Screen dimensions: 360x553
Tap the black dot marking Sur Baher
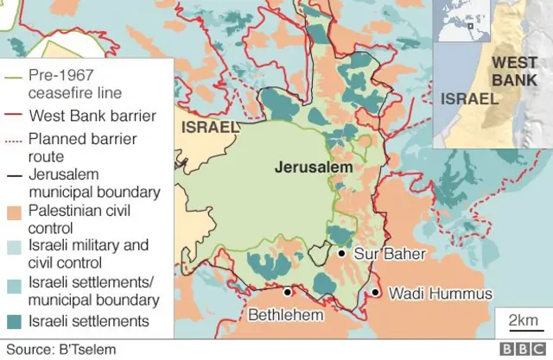pyautogui.click(x=343, y=254)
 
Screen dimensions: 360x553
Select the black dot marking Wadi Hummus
pyautogui.click(x=376, y=294)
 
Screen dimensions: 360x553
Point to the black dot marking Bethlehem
pyautogui.click(x=286, y=291)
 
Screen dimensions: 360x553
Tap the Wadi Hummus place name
pyautogui.click(x=440, y=294)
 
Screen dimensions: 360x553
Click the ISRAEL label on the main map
pyautogui.click(x=208, y=128)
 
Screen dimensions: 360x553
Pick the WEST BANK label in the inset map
pyautogui.click(x=513, y=70)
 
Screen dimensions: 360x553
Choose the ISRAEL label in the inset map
pyautogui.click(x=469, y=98)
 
